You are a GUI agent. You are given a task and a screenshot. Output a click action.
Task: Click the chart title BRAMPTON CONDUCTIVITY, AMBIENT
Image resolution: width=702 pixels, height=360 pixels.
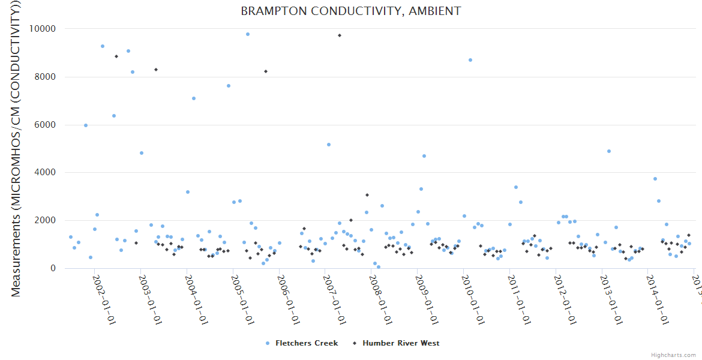coord(351,11)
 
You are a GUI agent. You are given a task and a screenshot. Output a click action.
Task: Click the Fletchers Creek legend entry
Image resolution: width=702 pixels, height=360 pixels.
coord(306,343)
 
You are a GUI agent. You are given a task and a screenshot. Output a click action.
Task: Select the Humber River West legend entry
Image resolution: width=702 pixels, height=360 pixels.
coord(400,343)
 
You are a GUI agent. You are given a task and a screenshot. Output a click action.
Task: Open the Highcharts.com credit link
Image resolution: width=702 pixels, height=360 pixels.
coord(673,355)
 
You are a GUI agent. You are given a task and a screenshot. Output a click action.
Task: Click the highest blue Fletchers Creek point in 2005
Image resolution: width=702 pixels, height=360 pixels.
coord(248,34)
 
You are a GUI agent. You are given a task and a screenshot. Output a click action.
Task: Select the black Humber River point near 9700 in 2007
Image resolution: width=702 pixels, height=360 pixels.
coord(340,35)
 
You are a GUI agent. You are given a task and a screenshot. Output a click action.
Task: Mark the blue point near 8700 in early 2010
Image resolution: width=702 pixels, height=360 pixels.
coord(470,60)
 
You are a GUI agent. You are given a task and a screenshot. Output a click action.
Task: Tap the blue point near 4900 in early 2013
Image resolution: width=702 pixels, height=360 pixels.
coord(609,151)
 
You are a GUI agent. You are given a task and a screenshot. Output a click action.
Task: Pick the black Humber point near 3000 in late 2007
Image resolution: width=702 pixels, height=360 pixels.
coord(367,195)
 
